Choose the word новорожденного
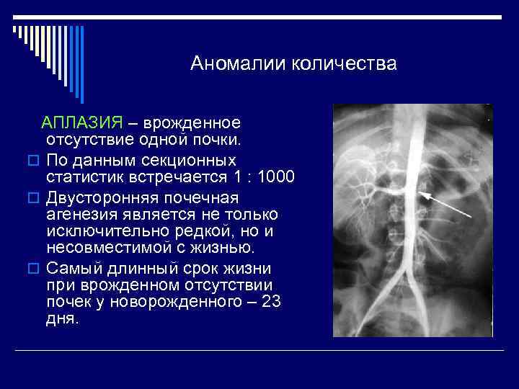(154, 303)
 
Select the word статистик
(84, 177)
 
